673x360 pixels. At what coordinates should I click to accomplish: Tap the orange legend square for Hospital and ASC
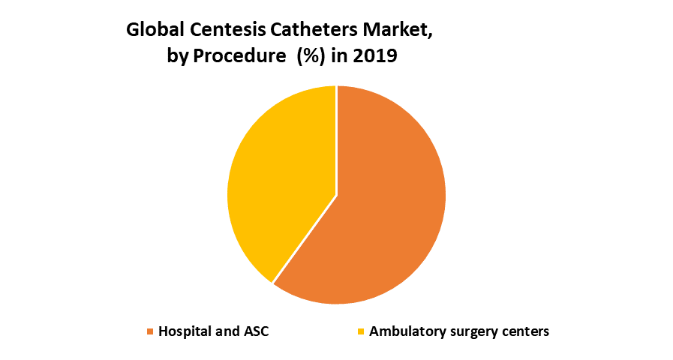(x=150, y=331)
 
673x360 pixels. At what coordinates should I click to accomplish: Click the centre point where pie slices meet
(x=337, y=195)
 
